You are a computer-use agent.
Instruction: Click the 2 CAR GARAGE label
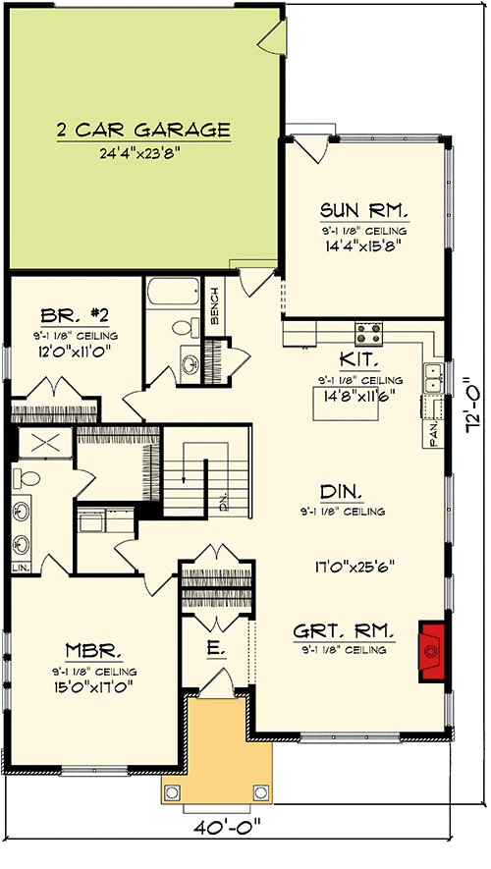click(142, 129)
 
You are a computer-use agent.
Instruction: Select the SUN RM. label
click(363, 211)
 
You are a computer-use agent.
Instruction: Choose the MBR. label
click(94, 649)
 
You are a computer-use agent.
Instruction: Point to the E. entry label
click(215, 648)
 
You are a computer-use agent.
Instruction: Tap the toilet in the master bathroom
click(27, 479)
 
